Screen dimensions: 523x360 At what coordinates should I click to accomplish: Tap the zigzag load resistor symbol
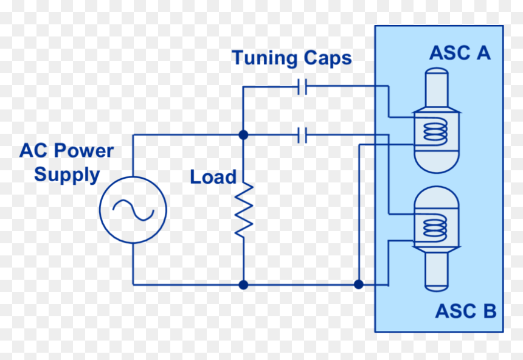coord(244,210)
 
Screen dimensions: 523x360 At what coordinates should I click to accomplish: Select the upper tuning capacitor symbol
coord(302,86)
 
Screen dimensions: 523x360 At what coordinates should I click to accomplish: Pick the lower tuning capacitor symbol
coord(302,135)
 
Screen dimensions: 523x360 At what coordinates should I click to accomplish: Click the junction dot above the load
coord(243,135)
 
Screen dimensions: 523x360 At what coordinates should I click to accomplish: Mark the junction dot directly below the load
coord(243,285)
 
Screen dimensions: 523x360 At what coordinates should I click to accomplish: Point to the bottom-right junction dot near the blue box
coord(359,284)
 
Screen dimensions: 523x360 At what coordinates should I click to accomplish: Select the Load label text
coord(213,177)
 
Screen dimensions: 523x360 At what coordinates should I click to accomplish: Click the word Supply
coord(67,175)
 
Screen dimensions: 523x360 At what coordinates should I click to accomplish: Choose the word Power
coord(84,150)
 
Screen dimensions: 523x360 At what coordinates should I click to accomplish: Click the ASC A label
coord(460,53)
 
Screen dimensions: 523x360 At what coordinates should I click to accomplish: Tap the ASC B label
coord(466,311)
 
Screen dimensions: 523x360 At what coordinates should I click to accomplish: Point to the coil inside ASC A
coord(435,132)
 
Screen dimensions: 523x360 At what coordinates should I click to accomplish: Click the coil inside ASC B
coord(435,228)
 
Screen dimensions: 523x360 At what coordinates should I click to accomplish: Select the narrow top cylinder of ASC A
coord(437,88)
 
